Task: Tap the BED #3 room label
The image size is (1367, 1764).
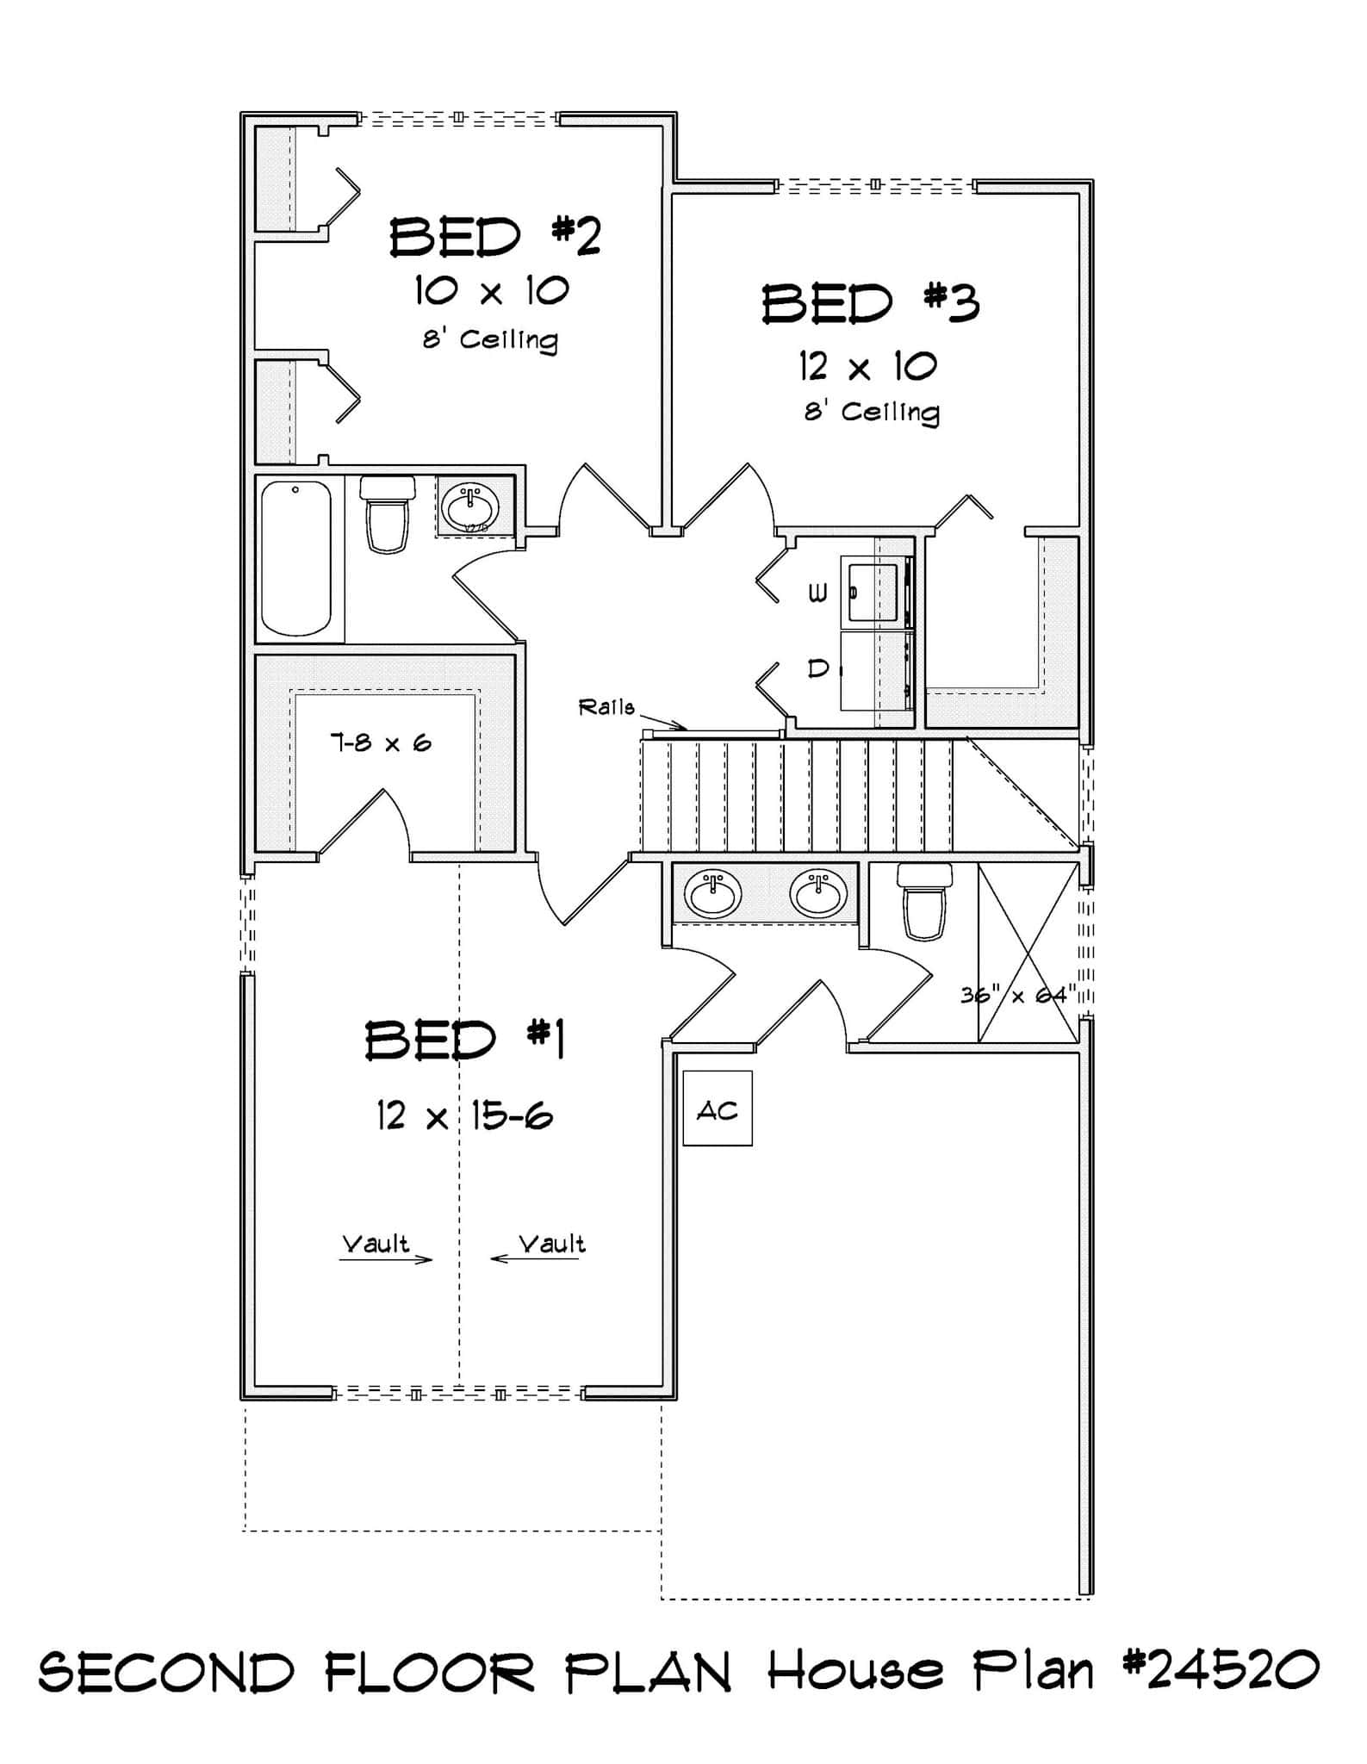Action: [870, 305]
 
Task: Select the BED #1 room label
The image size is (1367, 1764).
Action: [464, 1040]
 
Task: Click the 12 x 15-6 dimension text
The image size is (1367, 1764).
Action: [464, 1117]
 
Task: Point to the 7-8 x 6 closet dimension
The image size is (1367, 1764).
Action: [380, 742]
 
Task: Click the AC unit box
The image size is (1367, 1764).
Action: [717, 1109]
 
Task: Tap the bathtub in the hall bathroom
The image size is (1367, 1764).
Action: [295, 558]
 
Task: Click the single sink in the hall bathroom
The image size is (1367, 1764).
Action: [469, 507]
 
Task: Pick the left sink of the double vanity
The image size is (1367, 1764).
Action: [712, 894]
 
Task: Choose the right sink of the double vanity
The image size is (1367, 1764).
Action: [818, 894]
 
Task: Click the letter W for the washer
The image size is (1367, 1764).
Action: [817, 593]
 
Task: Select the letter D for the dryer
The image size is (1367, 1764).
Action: [818, 668]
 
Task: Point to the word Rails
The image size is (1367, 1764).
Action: [606, 707]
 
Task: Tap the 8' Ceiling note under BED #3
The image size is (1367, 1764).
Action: [871, 412]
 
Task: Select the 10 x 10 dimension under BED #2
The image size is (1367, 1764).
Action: [492, 291]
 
